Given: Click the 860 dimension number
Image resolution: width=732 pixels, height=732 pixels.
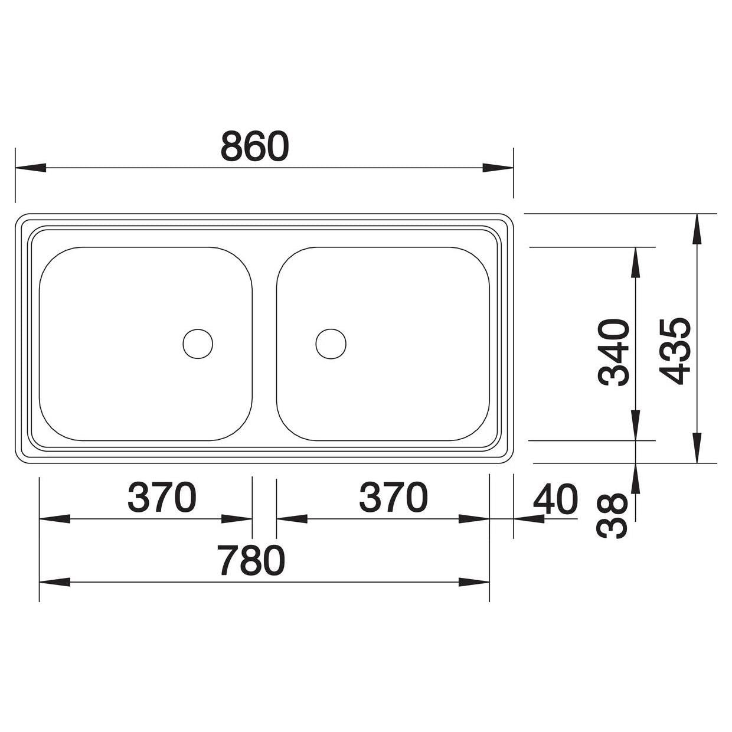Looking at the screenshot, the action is coord(255,146).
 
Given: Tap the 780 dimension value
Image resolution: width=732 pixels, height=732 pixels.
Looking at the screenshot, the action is coord(251,560).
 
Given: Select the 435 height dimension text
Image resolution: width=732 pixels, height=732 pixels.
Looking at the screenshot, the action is coord(675,352).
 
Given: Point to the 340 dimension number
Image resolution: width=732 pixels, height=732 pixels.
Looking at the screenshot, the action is coord(613,352).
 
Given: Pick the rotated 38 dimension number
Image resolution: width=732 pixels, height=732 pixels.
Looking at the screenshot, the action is coord(612,516).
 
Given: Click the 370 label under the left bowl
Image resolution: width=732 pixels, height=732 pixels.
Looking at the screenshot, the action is coord(162,497).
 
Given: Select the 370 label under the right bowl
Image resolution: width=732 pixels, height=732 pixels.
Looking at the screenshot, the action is coord(394,497).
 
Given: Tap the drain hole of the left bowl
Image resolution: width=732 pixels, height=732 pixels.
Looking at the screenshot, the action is coord(198,344).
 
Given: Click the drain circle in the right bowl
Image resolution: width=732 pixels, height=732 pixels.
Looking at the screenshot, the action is coord(331,344).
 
